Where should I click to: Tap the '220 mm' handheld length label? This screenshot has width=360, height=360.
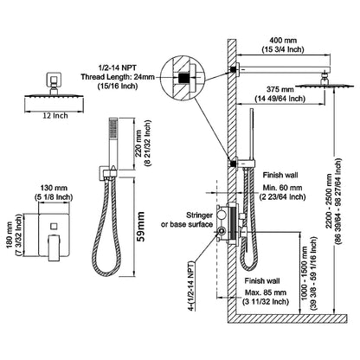pos(151,157)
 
